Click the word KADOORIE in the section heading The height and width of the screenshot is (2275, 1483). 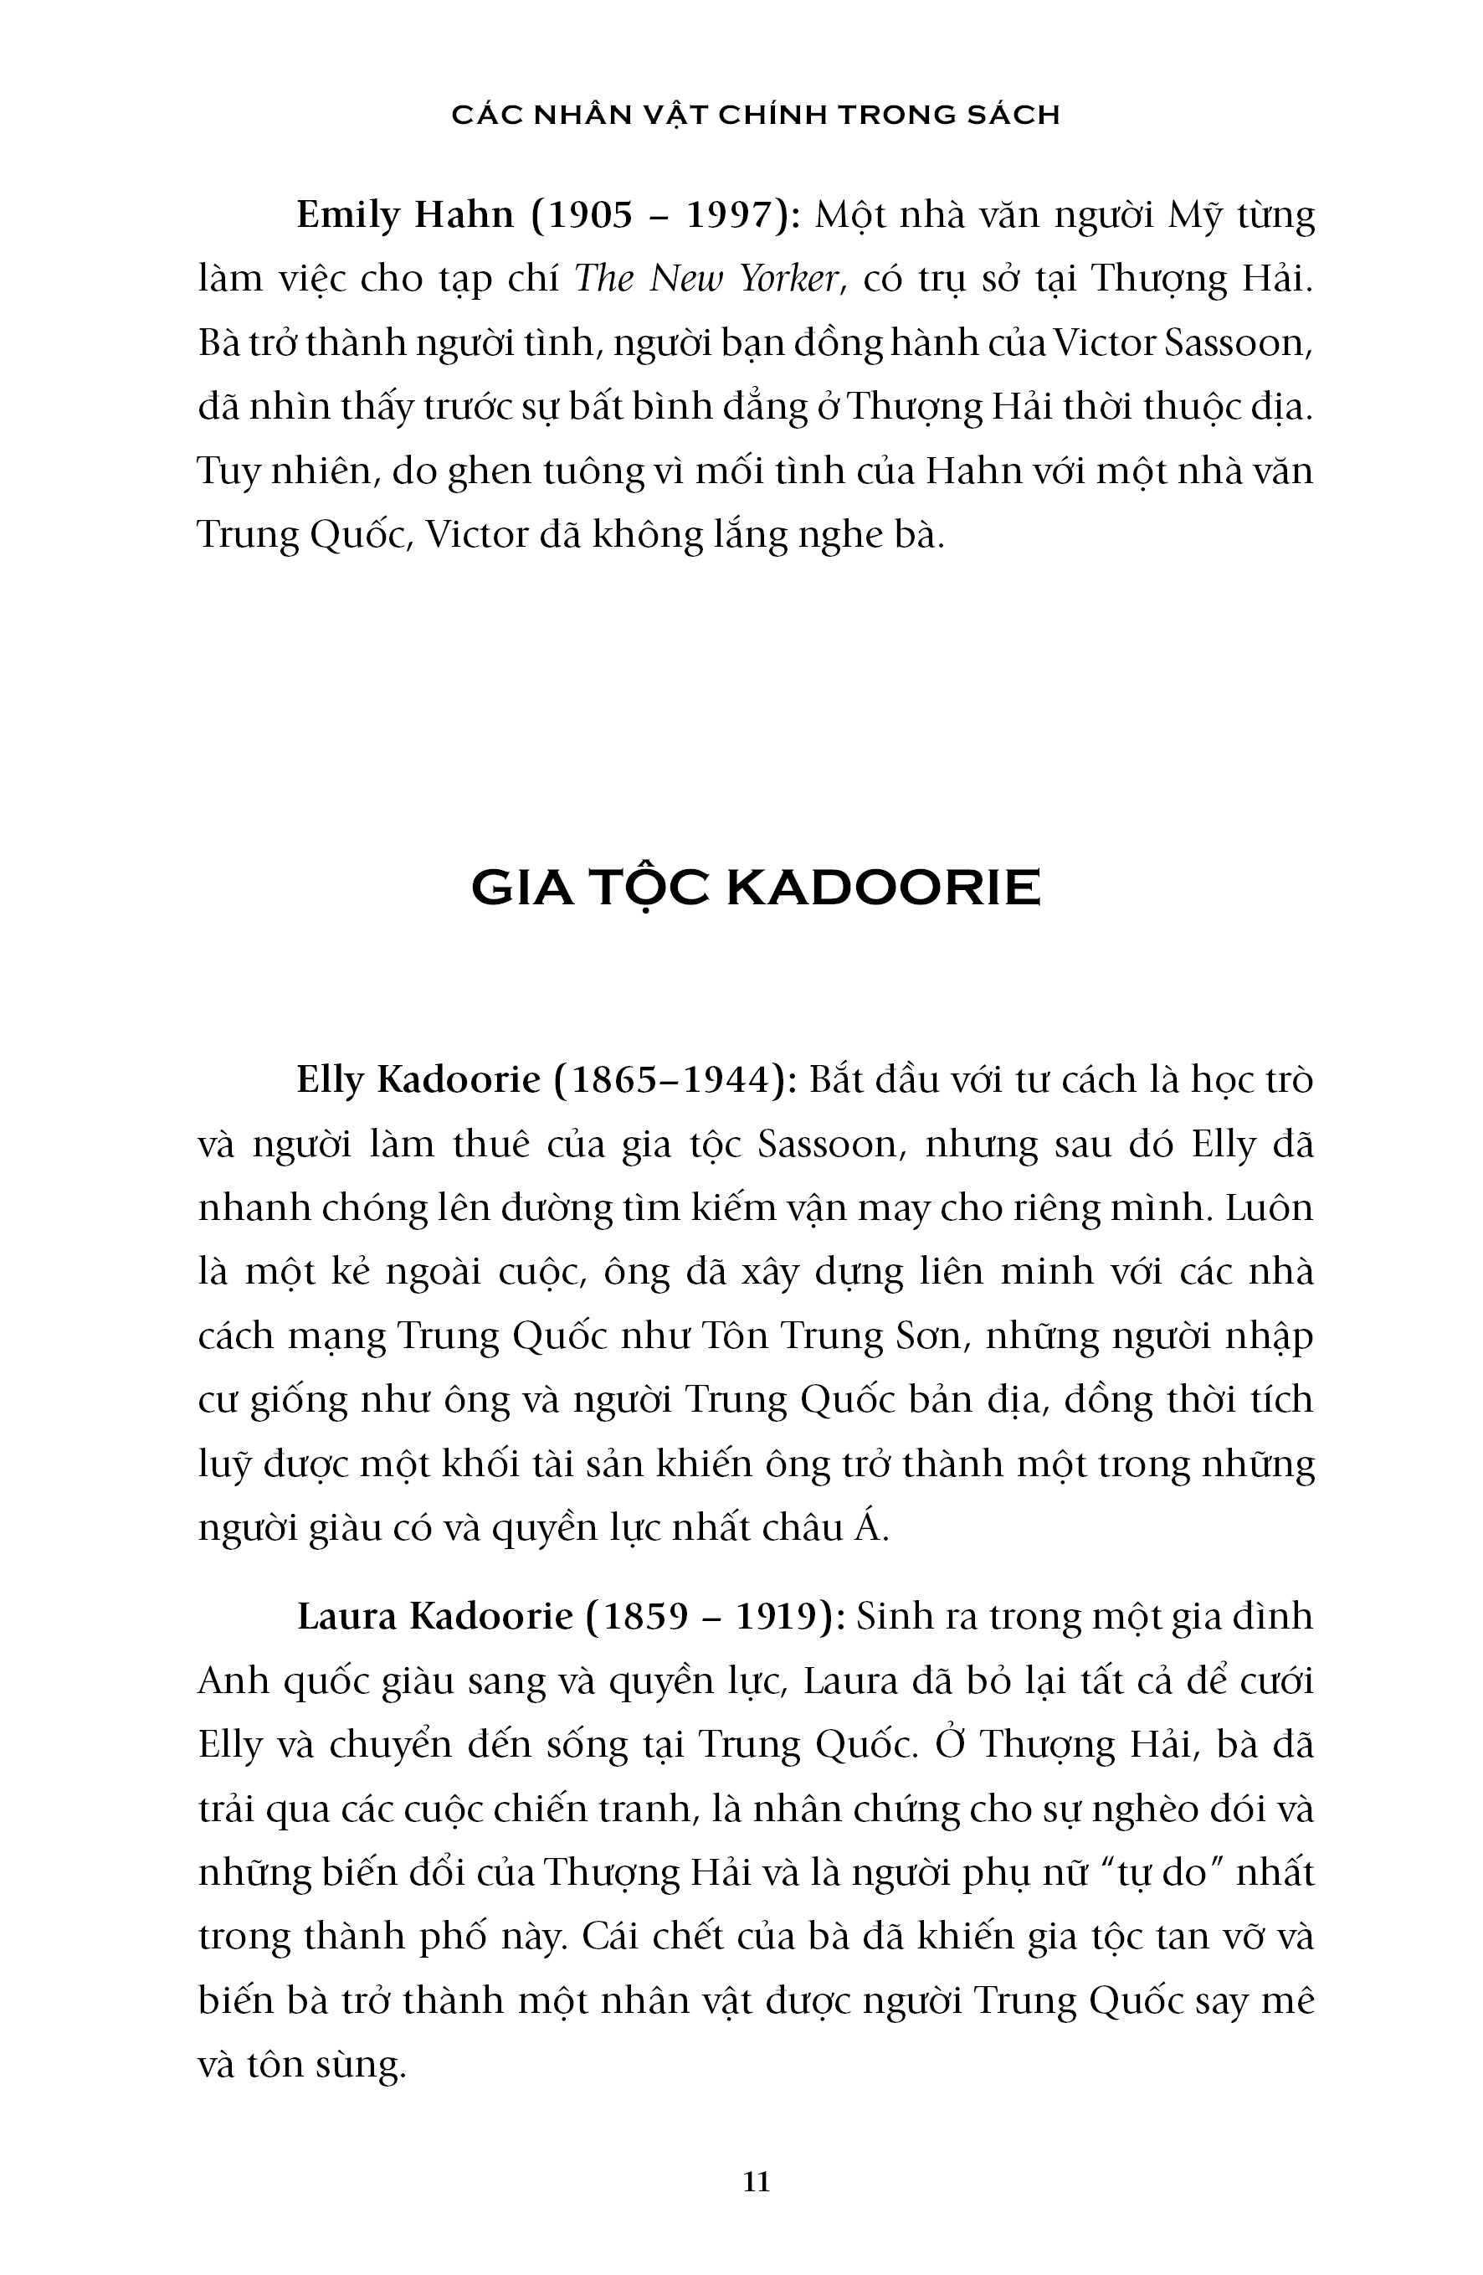883,888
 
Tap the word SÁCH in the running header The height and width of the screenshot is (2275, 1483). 1020,115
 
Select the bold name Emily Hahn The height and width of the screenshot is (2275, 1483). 405,215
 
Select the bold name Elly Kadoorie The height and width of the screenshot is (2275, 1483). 418,1080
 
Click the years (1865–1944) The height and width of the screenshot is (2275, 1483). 676,1080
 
